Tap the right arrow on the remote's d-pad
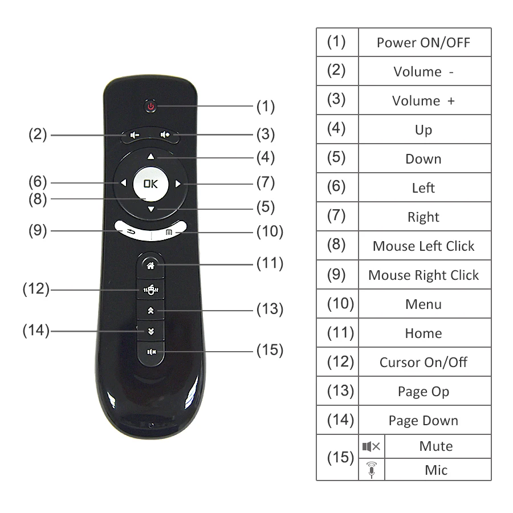click(178, 184)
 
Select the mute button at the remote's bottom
click(151, 351)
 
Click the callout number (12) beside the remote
click(36, 289)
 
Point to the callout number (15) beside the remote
click(270, 349)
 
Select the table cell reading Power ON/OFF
click(424, 43)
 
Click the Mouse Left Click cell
click(424, 246)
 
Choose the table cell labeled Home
click(424, 333)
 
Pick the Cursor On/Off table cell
click(424, 363)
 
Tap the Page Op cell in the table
click(424, 392)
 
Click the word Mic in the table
click(436, 470)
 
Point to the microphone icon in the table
click(372, 470)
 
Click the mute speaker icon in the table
click(371, 446)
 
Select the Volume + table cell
click(424, 101)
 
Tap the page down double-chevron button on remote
click(150, 331)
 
